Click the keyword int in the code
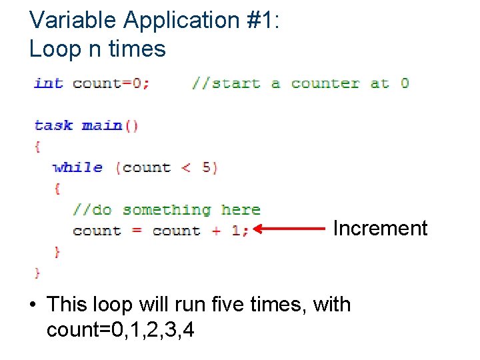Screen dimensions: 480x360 [x=49, y=83]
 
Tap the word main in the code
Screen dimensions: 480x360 [x=102, y=125]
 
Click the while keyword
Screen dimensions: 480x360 [x=78, y=167]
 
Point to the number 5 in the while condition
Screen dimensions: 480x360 [x=206, y=167]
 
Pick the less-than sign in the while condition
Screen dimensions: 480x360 [x=186, y=167]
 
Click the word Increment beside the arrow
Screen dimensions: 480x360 [x=380, y=228]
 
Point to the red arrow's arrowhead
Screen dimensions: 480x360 [x=259, y=230]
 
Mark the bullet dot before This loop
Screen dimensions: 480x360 [x=33, y=305]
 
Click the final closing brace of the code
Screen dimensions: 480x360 [x=37, y=272]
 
